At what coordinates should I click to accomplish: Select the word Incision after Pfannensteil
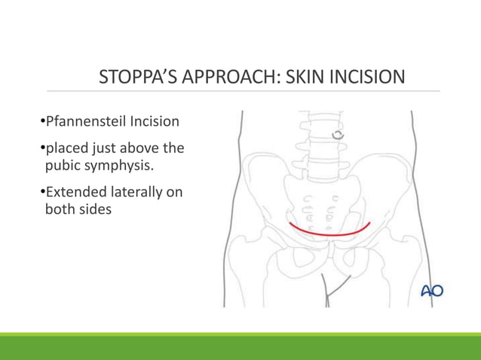pyautogui.click(x=151, y=121)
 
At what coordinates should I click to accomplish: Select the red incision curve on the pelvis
pyautogui.click(x=329, y=233)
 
